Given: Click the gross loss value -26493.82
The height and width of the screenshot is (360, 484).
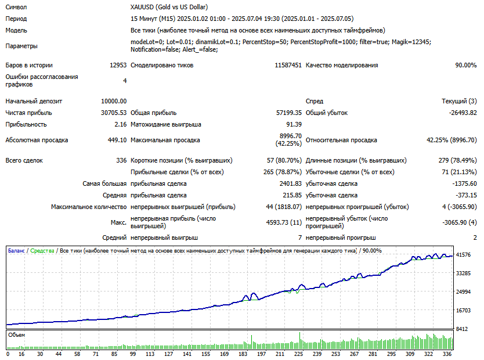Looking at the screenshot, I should [458, 113].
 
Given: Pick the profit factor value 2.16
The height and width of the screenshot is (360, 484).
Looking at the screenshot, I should [121, 124].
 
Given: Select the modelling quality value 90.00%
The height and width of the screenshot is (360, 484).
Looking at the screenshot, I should [465, 65].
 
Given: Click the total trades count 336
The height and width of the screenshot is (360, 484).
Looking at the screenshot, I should [121, 160].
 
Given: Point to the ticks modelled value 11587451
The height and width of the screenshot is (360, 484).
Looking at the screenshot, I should [288, 65].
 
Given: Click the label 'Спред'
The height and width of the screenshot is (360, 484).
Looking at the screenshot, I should [315, 101].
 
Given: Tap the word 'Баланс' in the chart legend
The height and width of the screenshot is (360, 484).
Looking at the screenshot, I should [16, 251].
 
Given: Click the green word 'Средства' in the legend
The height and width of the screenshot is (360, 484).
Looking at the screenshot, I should [42, 251].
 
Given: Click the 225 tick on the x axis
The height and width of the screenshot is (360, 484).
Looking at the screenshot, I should [299, 354].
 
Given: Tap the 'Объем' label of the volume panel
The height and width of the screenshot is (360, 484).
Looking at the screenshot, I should [17, 335].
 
